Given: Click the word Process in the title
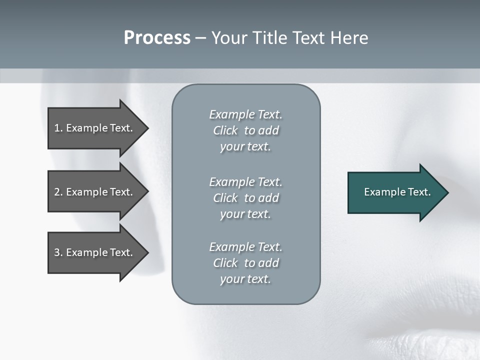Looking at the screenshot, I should tap(157, 38).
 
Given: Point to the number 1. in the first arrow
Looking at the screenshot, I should tap(58, 128).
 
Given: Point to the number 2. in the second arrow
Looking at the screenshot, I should tap(58, 192).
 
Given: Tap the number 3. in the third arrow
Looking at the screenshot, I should tap(58, 252).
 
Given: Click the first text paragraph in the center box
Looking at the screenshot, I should tap(245, 130).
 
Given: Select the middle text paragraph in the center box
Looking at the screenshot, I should tap(245, 197).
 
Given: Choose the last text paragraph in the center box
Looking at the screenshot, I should tap(245, 262).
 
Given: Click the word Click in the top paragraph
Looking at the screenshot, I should tap(225, 130).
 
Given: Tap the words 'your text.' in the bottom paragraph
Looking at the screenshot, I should tap(245, 279).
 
